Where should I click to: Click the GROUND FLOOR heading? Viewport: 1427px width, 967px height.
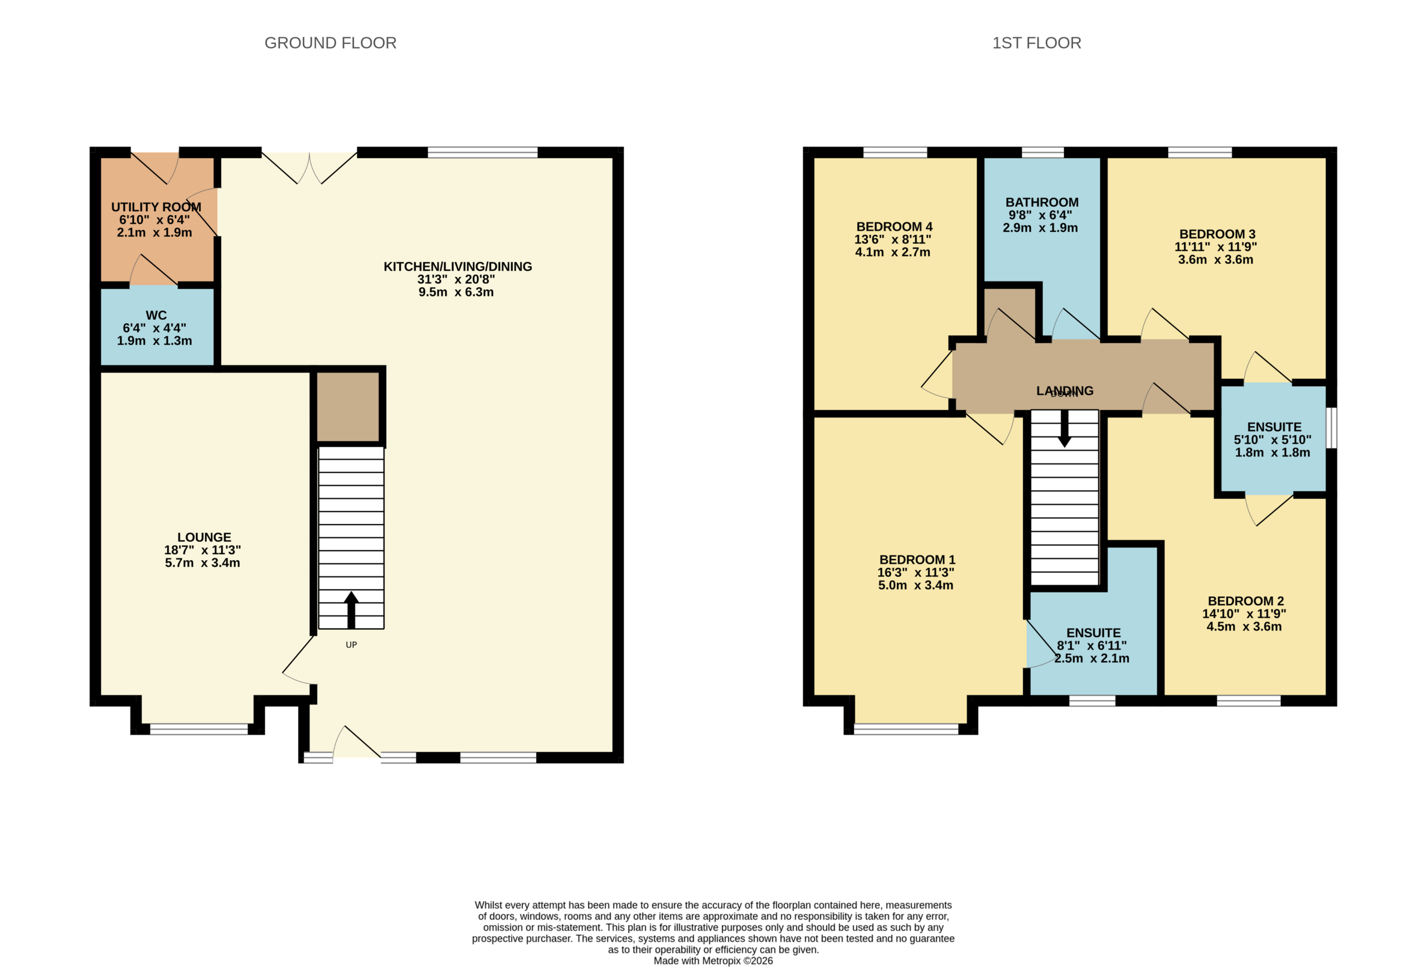pos(331,43)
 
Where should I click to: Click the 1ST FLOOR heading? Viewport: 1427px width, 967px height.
pos(1036,43)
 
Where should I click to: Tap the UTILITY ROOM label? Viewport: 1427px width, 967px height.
pos(156,207)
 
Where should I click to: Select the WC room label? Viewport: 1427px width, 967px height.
pos(156,315)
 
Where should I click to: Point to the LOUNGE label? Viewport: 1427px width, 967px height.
pos(204,537)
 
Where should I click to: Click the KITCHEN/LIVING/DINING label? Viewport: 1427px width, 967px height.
pos(458,266)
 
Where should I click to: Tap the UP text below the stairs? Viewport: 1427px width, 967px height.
pos(351,645)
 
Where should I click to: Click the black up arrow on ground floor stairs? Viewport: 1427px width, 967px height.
pos(351,610)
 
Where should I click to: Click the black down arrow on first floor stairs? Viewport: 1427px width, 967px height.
pos(1065,429)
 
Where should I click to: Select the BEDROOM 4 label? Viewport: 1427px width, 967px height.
pos(894,226)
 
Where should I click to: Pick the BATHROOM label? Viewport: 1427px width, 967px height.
pos(1042,203)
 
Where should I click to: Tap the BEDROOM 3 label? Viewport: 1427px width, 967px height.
pos(1217,234)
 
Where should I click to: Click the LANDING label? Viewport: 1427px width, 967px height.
pos(1065,391)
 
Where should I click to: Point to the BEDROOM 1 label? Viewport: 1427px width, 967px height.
pos(918,560)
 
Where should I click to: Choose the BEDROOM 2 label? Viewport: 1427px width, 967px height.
pos(1246,601)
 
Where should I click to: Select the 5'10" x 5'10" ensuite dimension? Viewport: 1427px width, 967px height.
pos(1273,440)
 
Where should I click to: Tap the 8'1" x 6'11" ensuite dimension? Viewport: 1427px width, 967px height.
pos(1092,645)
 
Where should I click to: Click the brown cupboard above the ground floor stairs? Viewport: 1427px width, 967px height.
pos(347,406)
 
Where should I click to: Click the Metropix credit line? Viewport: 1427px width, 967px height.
pos(713,961)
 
